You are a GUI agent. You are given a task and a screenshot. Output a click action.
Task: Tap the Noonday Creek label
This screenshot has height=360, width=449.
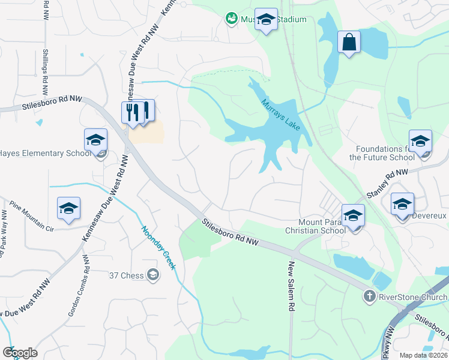[158, 247]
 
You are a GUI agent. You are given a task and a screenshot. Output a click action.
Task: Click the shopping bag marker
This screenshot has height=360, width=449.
[348, 42]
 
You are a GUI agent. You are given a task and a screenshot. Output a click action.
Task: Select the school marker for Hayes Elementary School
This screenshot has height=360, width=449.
[95, 140]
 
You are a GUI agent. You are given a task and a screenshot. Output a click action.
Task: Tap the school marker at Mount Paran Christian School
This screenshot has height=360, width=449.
[353, 215]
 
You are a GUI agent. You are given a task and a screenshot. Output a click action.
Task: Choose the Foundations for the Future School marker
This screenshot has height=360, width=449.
[420, 141]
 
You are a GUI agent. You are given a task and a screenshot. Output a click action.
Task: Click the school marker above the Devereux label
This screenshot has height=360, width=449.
[402, 204]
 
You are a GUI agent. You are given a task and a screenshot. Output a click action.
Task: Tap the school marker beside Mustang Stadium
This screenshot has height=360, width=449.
[266, 19]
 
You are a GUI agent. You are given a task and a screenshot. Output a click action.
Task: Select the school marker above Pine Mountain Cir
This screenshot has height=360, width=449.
[68, 208]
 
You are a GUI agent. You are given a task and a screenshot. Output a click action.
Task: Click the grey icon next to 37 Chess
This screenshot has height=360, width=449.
[153, 275]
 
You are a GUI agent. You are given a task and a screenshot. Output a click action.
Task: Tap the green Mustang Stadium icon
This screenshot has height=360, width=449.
[231, 19]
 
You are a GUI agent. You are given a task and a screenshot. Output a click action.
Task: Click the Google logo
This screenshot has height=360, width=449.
[20, 353]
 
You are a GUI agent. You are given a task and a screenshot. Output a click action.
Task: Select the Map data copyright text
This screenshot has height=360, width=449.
[423, 355]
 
